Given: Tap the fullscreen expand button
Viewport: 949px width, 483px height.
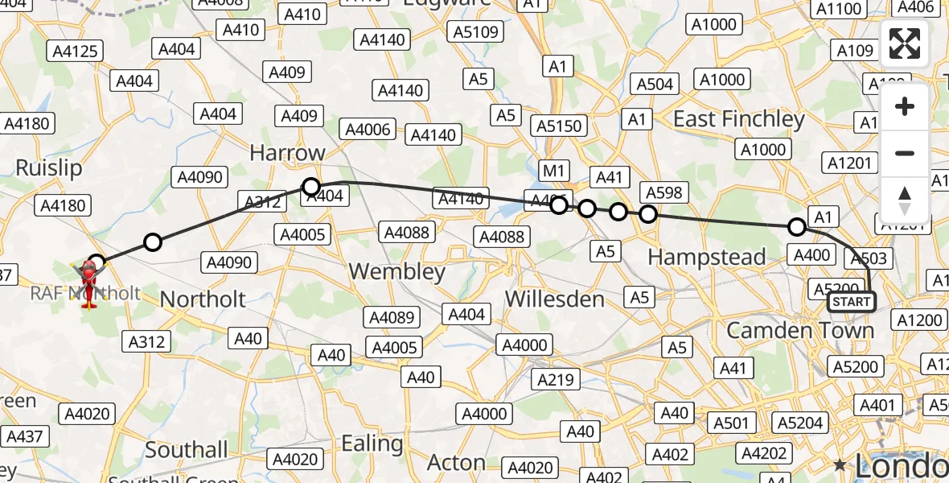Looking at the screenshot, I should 905,43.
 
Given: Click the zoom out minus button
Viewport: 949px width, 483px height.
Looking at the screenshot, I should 905,153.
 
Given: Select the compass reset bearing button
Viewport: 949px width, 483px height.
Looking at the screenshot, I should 905,199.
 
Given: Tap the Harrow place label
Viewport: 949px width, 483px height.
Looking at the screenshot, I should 287,152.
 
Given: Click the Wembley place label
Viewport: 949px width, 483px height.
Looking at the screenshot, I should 397,271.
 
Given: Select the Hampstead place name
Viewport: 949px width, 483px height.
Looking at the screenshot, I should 706,258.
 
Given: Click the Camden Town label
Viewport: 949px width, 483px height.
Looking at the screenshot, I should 799,330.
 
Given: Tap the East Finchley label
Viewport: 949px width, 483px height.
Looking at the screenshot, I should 738,119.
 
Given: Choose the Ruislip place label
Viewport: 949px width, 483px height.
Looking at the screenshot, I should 49,168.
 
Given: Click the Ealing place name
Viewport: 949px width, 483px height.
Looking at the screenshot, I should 372,443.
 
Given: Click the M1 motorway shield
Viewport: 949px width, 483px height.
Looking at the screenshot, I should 555,171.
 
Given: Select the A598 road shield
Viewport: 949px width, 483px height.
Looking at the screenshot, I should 663,192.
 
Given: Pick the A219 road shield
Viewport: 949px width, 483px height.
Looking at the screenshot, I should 555,379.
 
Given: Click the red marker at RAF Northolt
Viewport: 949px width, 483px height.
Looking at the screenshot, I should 90,282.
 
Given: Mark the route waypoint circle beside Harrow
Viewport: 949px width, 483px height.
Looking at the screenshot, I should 311,187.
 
